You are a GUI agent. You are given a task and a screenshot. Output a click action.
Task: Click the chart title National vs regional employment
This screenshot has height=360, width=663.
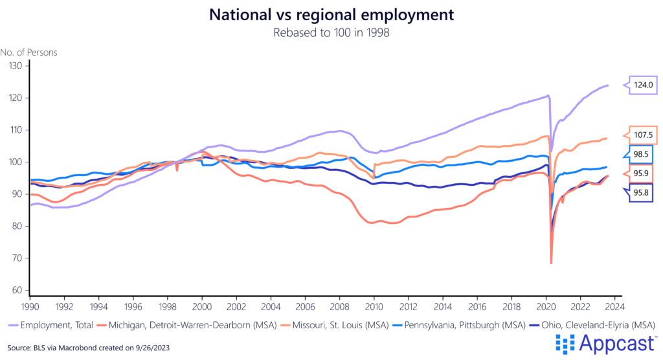[331, 14]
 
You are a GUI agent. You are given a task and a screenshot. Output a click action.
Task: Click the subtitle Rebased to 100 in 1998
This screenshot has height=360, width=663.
[331, 32]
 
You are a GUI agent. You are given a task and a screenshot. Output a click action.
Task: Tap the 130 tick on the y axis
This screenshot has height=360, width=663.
[16, 66]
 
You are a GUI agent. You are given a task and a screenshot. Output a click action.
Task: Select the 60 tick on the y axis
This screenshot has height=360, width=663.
[16, 290]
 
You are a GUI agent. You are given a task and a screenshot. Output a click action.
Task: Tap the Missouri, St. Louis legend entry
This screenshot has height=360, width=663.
[324, 324]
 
